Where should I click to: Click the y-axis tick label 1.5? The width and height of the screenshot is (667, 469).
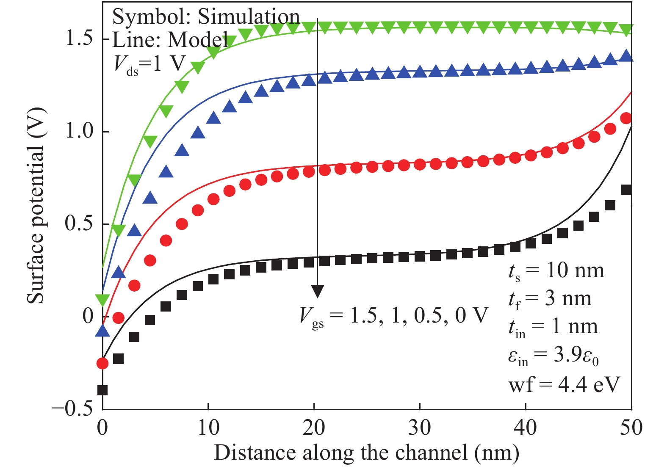[x=79, y=38]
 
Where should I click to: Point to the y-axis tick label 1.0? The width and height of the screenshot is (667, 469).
[x=79, y=131]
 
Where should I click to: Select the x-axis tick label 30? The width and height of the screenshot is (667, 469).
[x=419, y=428]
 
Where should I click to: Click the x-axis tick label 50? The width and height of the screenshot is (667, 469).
[x=631, y=428]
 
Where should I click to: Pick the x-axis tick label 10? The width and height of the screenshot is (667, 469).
[x=208, y=428]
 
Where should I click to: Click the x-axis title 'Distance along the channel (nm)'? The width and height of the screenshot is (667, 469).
[x=366, y=453]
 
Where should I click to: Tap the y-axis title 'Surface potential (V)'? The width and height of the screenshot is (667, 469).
[x=36, y=206]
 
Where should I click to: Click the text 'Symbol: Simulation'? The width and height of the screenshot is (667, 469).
[x=206, y=17]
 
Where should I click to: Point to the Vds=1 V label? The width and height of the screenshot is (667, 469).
[x=149, y=64]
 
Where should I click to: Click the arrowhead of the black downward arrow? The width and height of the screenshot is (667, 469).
[x=317, y=291]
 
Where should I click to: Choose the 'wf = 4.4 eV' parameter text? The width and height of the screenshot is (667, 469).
[x=564, y=384]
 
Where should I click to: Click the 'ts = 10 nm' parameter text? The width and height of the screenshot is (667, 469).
[x=556, y=271]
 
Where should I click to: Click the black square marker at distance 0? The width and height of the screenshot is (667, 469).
[x=102, y=390]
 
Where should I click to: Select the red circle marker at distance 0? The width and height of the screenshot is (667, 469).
[x=102, y=363]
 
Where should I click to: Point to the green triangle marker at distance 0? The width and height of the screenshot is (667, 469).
[x=102, y=300]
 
